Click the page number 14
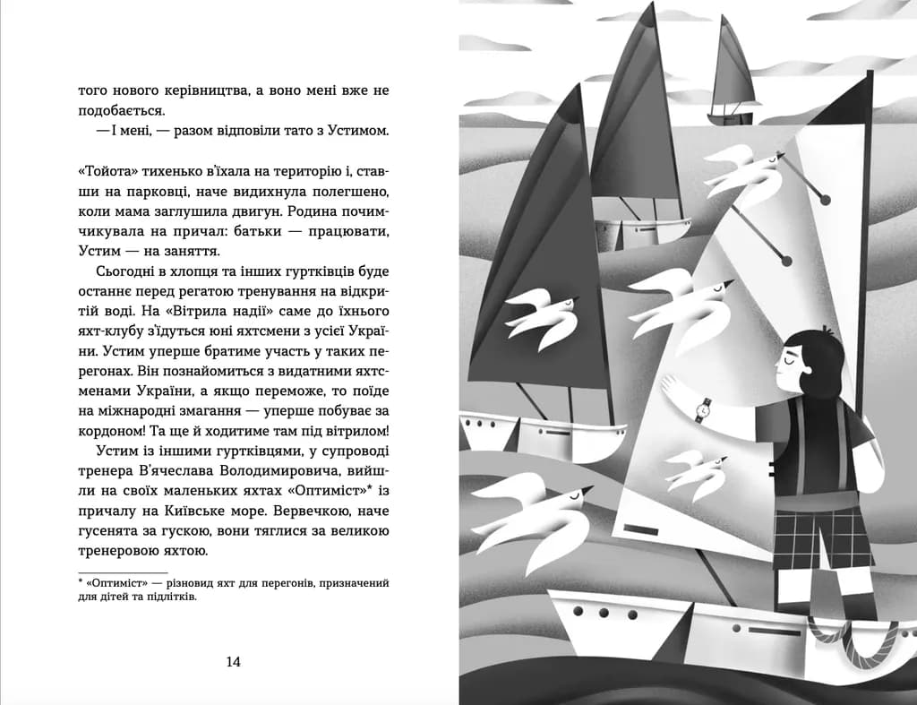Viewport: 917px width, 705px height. [x=233, y=662]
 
